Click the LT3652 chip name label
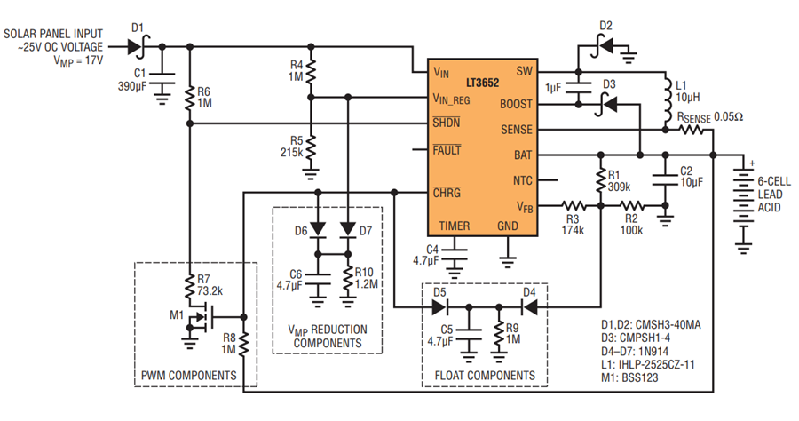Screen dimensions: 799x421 tap(482, 83)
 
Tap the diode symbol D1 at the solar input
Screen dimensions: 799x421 tap(138, 47)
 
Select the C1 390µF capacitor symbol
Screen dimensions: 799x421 tap(162, 78)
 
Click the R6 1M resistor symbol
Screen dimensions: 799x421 tap(190, 98)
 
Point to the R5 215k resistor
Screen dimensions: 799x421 tap(311, 147)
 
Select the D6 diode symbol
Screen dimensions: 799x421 tap(318, 229)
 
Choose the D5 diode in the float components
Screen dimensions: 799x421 tap(439, 307)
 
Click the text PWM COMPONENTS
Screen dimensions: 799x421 tap(188, 376)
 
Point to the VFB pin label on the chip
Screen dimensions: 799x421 tap(525, 206)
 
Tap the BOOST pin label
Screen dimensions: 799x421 tap(516, 105)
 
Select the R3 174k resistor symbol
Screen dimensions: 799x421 tap(574, 205)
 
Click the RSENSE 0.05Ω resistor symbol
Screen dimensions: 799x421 tap(691, 130)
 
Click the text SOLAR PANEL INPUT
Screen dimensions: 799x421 tap(53, 34)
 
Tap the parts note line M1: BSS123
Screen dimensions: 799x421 tap(629, 378)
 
